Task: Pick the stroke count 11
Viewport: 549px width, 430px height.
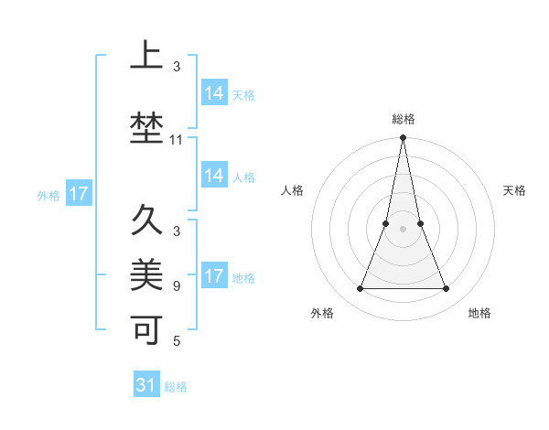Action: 177,140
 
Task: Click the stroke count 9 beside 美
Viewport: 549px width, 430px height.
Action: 177,285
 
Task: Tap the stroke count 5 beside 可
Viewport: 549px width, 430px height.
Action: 177,341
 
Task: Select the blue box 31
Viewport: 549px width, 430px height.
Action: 146,385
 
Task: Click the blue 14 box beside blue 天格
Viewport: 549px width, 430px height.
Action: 214,92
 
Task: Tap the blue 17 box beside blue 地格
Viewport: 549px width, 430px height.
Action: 214,276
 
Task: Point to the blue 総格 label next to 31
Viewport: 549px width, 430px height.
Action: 176,387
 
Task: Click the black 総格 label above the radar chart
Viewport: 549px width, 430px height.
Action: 403,119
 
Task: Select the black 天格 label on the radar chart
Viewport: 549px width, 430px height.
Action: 514,190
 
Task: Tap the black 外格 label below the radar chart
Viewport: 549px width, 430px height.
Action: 322,313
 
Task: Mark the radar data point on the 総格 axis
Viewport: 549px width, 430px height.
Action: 403,138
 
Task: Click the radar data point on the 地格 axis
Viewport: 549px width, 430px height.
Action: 447,289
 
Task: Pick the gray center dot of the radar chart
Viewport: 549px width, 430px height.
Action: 403,229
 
